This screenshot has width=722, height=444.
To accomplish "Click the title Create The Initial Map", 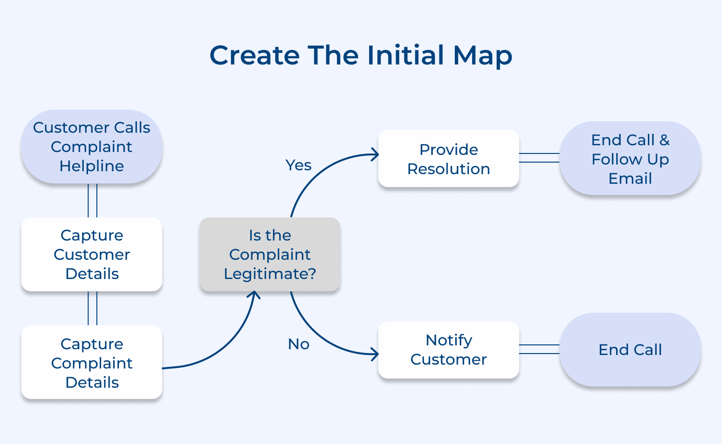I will click(x=361, y=55).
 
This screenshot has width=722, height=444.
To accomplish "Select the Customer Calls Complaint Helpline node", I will click(x=91, y=147).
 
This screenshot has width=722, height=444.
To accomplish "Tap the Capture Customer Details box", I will click(x=91, y=254).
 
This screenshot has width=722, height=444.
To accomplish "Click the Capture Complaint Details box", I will click(x=91, y=362).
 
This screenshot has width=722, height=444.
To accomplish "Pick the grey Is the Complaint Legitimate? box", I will click(x=270, y=254).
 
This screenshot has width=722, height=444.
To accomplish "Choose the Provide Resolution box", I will click(x=449, y=159).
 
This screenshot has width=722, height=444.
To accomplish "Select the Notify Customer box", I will click(x=449, y=350).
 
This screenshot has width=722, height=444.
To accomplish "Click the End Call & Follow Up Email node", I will click(x=630, y=159).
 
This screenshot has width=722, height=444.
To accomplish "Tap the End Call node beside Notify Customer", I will click(x=630, y=350).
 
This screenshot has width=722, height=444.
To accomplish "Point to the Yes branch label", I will click(x=298, y=165).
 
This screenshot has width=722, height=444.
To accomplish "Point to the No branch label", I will click(x=298, y=344).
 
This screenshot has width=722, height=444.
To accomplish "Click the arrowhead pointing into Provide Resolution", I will click(x=375, y=154).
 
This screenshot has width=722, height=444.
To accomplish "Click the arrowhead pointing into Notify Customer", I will click(x=374, y=355).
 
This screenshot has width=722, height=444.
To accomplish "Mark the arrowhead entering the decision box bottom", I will click(x=254, y=294).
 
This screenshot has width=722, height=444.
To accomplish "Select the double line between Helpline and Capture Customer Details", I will click(x=92, y=201).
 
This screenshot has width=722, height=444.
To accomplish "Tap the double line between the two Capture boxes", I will click(x=92, y=308).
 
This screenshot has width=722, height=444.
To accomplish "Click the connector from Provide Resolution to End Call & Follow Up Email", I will click(x=539, y=158).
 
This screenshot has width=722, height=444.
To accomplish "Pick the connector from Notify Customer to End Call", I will click(x=539, y=349).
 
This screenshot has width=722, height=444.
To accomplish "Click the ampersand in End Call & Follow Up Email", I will click(x=664, y=140).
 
